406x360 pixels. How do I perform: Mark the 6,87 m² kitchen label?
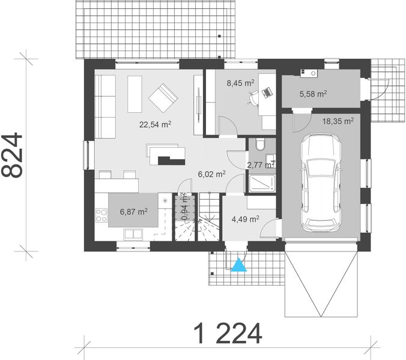[133, 211]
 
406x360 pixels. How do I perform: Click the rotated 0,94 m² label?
[185, 205]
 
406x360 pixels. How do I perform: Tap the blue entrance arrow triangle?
[240, 265]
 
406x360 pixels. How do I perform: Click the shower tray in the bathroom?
[260, 184]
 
